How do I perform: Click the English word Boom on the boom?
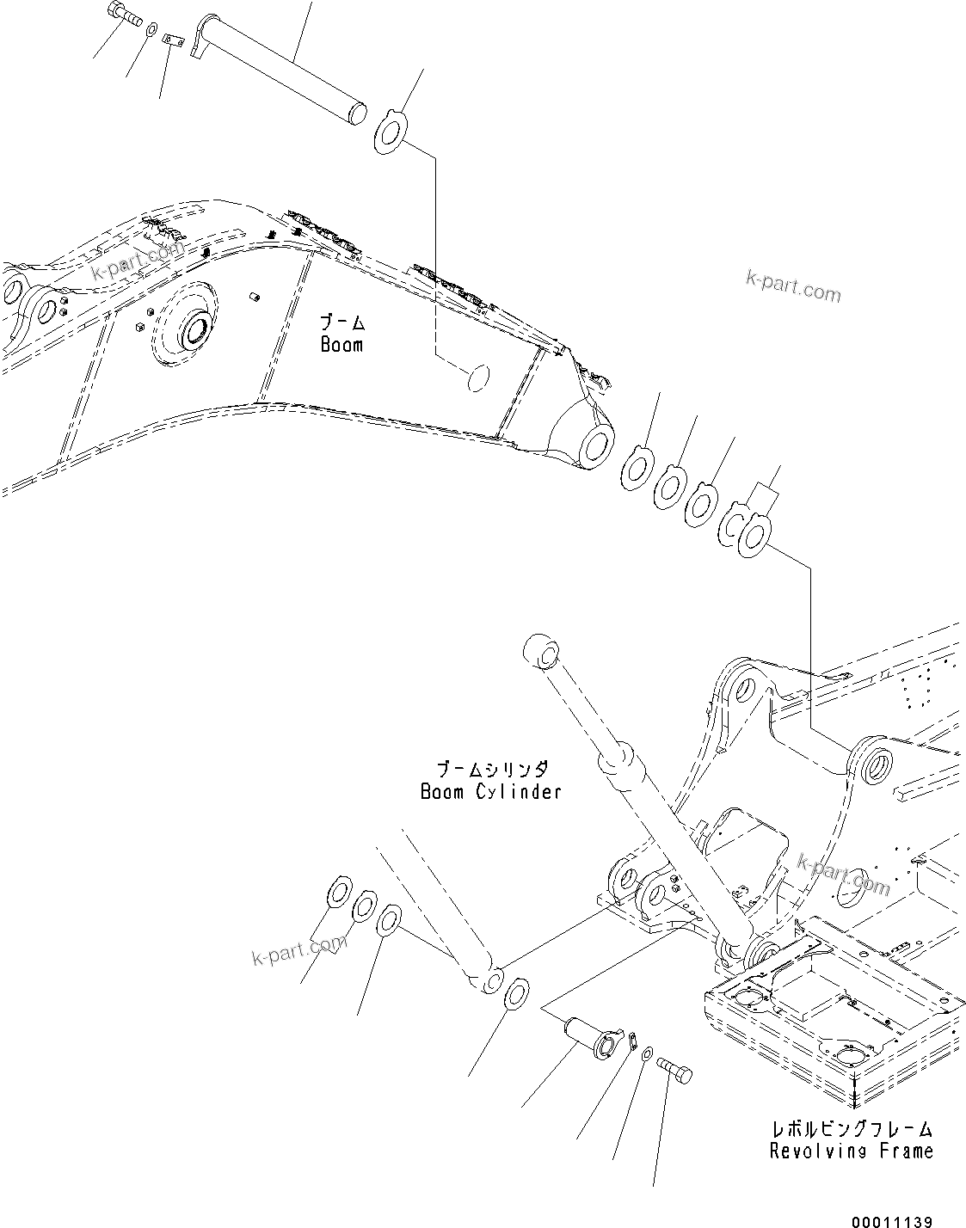pyautogui.click(x=341, y=345)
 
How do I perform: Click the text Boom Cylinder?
pyautogui.click(x=490, y=791)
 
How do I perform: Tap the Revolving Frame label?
pyautogui.click(x=851, y=1151)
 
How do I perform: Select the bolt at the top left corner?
pyautogui.click(x=123, y=14)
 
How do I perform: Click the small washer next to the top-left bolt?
pyautogui.click(x=151, y=31)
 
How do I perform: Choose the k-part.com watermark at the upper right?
pyautogui.click(x=793, y=286)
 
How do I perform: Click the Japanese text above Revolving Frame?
pyautogui.click(x=851, y=1130)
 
